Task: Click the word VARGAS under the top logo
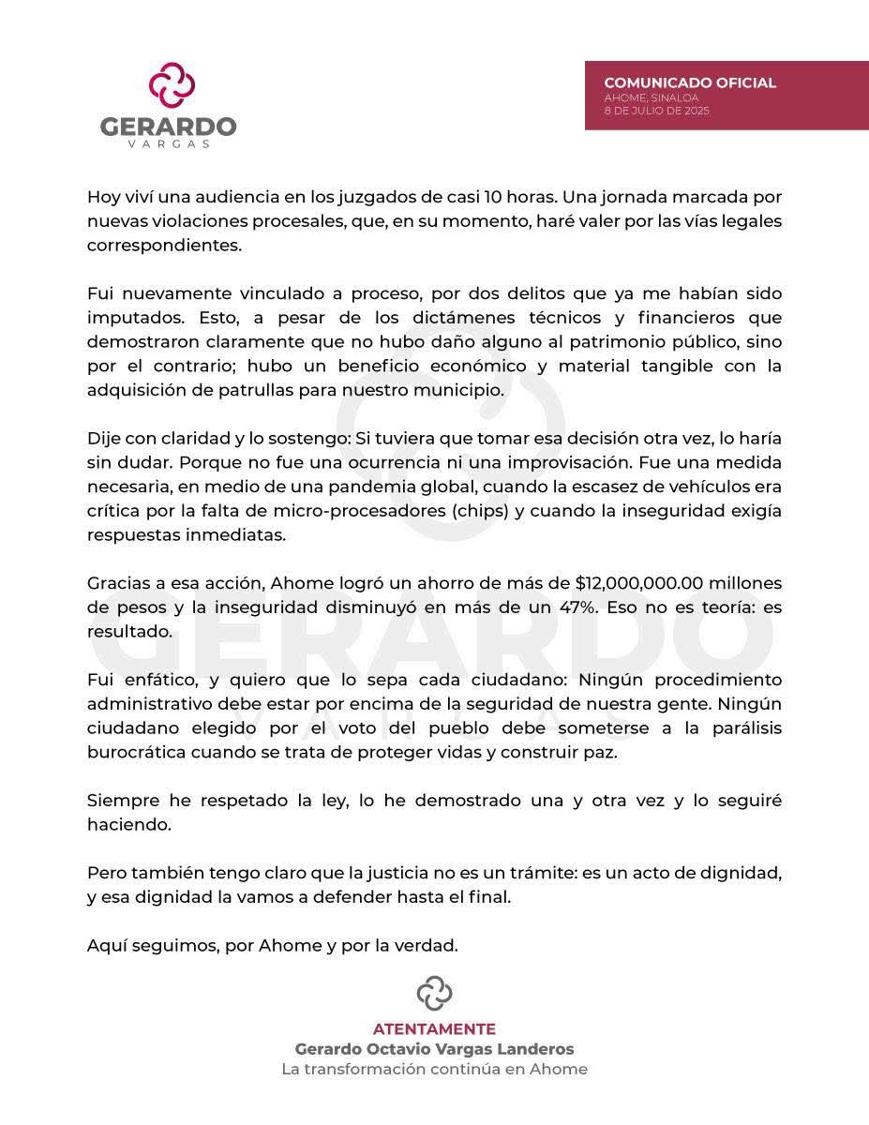click(169, 144)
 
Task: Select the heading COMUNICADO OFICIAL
click(690, 82)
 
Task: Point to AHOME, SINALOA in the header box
click(638, 97)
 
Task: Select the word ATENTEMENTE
click(434, 1028)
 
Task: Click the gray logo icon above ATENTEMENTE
click(434, 993)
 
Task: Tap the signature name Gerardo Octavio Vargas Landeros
click(434, 1049)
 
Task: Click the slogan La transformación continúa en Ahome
click(434, 1070)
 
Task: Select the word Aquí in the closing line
click(105, 946)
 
